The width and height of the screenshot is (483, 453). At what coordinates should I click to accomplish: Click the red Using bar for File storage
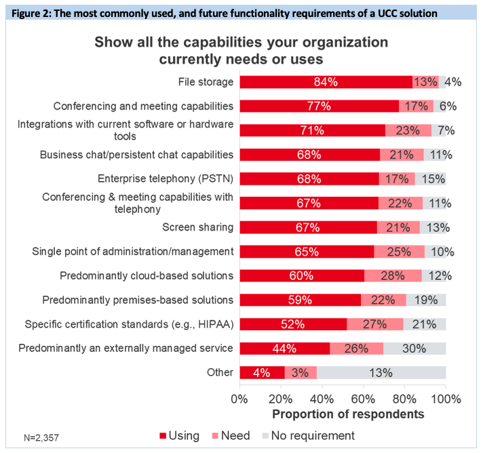(x=326, y=82)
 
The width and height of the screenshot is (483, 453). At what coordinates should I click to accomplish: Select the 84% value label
(x=326, y=82)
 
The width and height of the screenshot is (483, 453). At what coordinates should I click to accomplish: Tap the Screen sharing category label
(x=198, y=227)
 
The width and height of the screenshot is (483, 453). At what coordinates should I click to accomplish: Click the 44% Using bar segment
(x=285, y=349)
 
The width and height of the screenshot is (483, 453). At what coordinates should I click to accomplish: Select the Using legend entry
(x=179, y=435)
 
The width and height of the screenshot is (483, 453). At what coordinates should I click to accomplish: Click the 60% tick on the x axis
(x=364, y=398)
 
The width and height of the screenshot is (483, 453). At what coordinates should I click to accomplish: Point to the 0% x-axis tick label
(x=240, y=398)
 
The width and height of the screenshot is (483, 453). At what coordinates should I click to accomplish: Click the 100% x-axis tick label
(x=444, y=398)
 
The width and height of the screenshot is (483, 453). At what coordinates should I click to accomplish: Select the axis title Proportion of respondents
(x=348, y=413)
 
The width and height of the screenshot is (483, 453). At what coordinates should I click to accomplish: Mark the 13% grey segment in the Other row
(x=381, y=372)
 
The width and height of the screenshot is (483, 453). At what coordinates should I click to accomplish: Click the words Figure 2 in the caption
(x=31, y=13)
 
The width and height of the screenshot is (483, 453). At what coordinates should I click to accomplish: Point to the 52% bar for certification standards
(x=293, y=324)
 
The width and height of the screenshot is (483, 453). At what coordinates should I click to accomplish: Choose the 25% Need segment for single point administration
(x=399, y=252)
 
